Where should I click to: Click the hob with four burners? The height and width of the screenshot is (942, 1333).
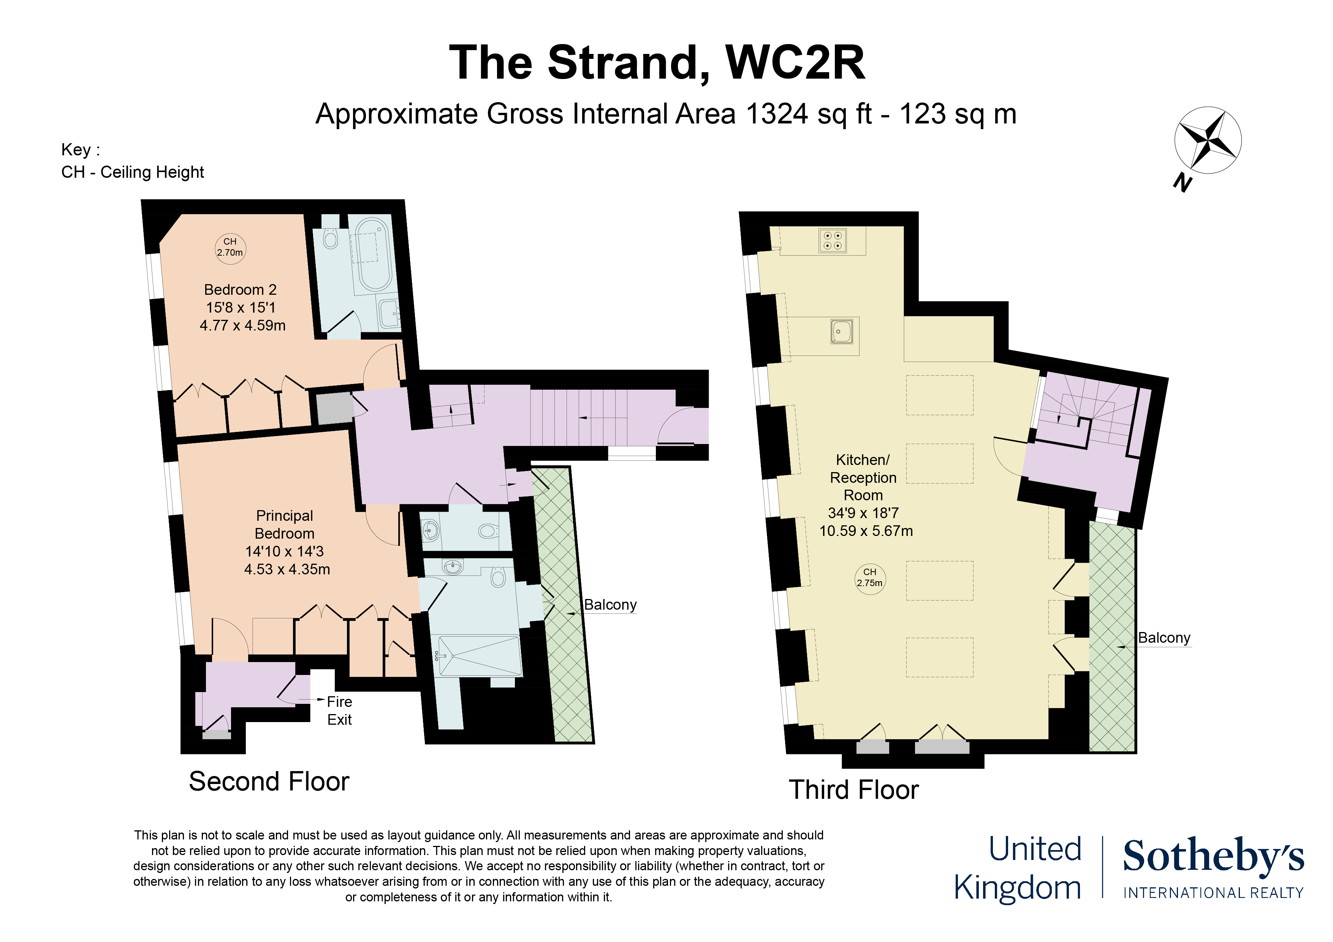(x=833, y=240)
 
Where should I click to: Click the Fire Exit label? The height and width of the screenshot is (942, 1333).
(x=340, y=710)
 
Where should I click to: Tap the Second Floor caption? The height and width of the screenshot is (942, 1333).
(x=269, y=781)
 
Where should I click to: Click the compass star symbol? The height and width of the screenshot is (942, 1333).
(x=1208, y=140)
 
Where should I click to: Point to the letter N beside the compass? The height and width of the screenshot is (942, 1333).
(x=1183, y=182)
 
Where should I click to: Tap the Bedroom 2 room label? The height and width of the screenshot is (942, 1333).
(x=241, y=289)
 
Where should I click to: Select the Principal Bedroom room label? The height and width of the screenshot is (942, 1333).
(x=285, y=524)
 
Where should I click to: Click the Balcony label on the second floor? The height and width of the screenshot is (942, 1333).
(x=610, y=604)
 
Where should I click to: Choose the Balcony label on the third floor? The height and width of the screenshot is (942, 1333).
(x=1164, y=637)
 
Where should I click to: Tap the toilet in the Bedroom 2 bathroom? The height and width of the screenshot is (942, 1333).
(x=330, y=238)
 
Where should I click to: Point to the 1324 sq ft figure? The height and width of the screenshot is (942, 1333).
(x=809, y=114)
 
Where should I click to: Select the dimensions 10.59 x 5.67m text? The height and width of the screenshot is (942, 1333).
(x=866, y=531)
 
